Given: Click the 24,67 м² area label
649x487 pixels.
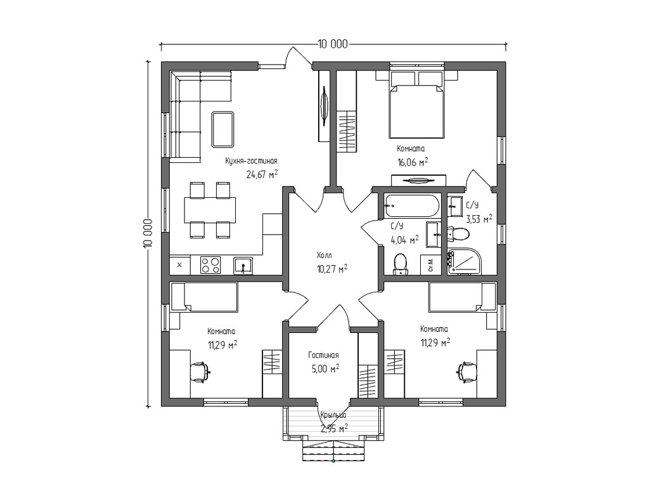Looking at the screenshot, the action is click(262, 174).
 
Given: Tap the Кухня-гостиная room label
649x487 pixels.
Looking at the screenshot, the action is click(251, 160).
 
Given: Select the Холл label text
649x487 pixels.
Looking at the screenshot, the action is click(324, 255).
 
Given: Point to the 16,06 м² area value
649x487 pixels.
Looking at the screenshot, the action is click(413, 162).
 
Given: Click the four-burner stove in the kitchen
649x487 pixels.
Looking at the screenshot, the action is click(210, 265).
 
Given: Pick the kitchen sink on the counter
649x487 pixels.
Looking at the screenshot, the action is click(243, 266).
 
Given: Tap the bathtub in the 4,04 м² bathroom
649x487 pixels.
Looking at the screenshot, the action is click(411, 206).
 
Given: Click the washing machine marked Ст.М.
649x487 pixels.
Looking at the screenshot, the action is click(431, 265).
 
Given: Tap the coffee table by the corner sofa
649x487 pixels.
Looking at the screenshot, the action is click(222, 129).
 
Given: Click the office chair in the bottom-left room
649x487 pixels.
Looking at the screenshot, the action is click(200, 372).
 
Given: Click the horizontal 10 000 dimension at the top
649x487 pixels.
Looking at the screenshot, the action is click(333, 44).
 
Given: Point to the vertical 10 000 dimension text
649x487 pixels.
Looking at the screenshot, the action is click(148, 233).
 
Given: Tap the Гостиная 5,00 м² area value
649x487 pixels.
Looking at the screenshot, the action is click(326, 368).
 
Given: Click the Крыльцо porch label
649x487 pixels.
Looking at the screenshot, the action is click(333, 415).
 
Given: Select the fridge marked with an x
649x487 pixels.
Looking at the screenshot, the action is click(180, 265).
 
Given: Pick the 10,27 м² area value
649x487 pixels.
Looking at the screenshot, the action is click(332, 269).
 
